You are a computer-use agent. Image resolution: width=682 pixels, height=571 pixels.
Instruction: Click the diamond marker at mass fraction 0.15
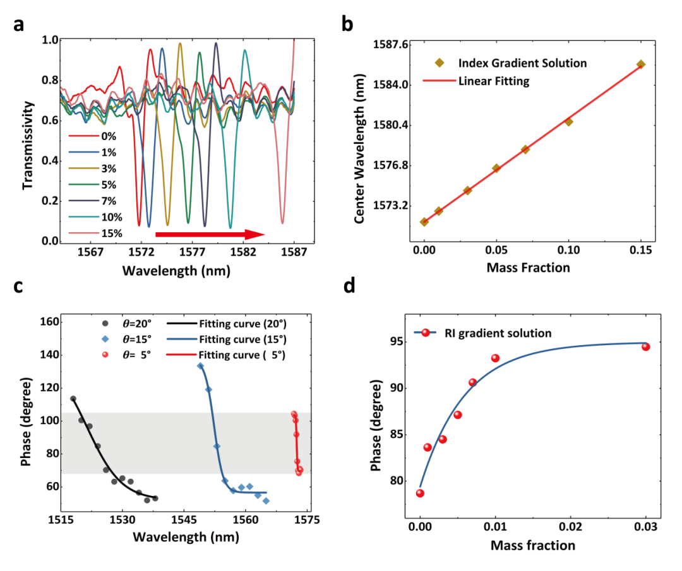[x=641, y=64]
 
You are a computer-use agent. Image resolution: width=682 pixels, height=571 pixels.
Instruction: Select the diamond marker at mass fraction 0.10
[x=569, y=122]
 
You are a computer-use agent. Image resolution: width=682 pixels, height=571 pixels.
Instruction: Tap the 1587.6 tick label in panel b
[x=390, y=44]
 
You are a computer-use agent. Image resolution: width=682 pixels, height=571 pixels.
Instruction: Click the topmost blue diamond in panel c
[x=200, y=366]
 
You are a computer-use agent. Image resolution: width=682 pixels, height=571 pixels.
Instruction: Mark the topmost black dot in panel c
[x=73, y=399]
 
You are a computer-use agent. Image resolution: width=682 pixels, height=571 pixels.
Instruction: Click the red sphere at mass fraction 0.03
[x=645, y=346]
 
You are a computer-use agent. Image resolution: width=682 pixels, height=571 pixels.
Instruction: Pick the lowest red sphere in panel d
[x=420, y=493]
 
